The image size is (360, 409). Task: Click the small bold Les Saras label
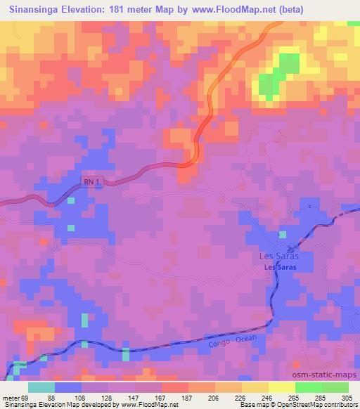[x=279, y=268]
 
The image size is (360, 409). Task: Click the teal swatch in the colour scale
[x=41, y=388]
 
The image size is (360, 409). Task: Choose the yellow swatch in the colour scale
[x=281, y=388]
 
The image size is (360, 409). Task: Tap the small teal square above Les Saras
[x=283, y=235]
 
